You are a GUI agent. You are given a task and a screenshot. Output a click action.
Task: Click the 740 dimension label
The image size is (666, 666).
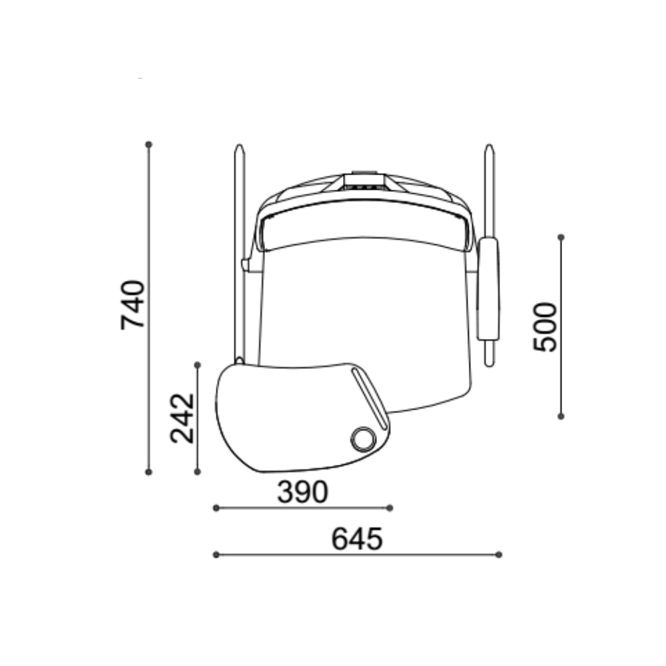click(133, 304)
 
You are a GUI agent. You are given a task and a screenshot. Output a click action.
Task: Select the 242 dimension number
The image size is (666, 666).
click(182, 418)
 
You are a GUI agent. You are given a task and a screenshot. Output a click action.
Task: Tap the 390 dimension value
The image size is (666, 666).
click(302, 492)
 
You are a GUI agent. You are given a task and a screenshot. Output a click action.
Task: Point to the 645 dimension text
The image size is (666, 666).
click(357, 539)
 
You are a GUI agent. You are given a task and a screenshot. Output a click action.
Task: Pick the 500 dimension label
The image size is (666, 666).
click(545, 326)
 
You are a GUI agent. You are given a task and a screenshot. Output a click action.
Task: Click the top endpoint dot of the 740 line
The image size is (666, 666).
click(149, 145)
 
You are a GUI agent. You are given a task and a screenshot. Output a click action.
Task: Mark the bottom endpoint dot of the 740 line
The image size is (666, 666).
click(149, 472)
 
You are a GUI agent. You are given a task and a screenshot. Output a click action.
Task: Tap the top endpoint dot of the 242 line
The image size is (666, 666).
click(197, 365)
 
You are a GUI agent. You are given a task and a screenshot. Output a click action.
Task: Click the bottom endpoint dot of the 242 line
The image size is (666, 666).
click(197, 472)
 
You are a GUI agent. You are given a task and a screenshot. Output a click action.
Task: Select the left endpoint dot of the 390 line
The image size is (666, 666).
click(216, 507)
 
